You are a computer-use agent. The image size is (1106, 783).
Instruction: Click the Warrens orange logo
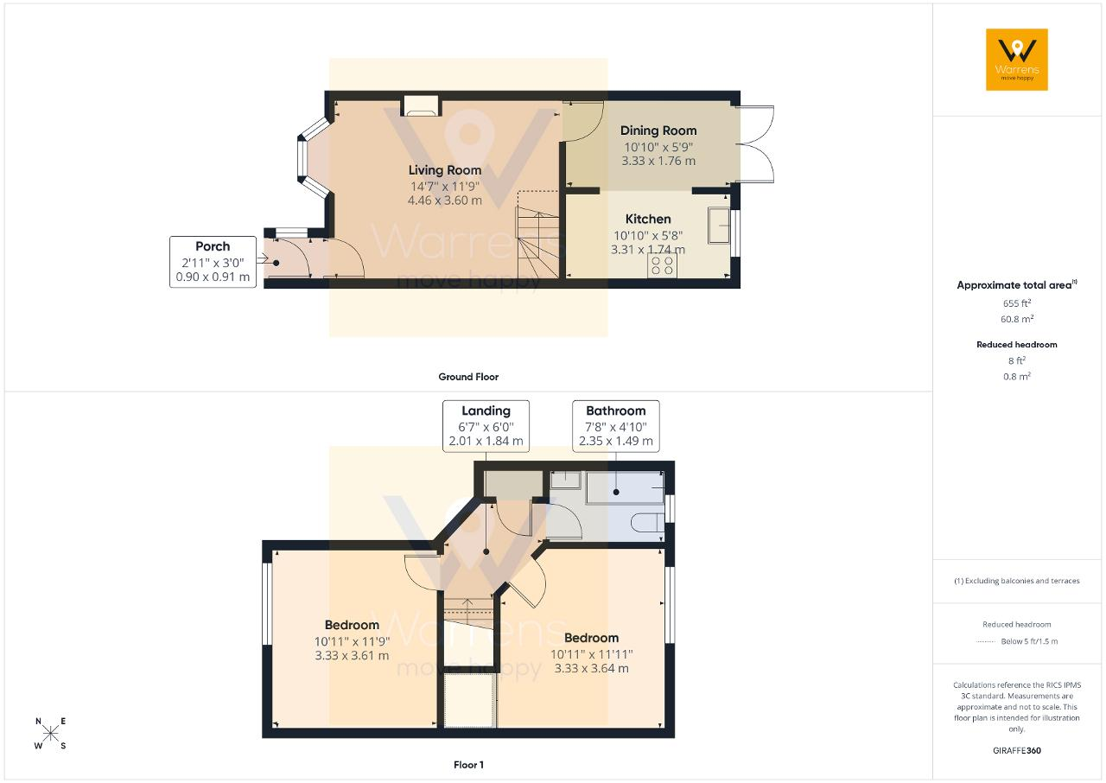(1017, 60)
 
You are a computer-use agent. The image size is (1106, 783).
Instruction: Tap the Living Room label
(444, 170)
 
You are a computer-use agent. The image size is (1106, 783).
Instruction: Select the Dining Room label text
(658, 130)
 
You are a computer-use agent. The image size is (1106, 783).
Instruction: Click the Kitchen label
(648, 219)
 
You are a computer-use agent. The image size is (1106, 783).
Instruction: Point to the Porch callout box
(213, 262)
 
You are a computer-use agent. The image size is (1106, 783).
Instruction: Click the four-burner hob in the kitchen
(662, 265)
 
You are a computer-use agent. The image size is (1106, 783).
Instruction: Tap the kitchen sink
(719, 226)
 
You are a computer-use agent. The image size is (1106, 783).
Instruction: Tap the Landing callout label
(486, 425)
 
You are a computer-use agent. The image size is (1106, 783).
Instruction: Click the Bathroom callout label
(616, 425)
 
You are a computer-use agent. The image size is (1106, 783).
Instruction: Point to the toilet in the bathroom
(648, 522)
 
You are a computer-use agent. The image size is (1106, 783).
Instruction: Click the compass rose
(50, 734)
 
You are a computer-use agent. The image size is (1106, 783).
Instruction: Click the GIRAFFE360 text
(1017, 750)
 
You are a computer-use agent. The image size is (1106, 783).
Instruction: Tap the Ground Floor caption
(468, 377)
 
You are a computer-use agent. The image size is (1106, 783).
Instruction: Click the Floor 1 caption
(468, 765)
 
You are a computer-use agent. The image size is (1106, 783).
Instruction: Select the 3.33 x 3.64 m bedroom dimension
(591, 668)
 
